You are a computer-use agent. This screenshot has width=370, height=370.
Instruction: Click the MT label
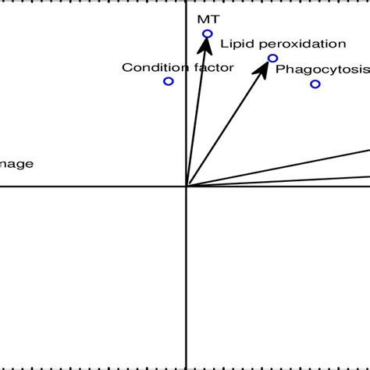click(x=203, y=17)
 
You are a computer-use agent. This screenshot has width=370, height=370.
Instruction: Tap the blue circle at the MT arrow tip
click(x=208, y=34)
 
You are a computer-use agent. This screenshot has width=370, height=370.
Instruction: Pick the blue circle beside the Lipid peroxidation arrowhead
click(x=272, y=58)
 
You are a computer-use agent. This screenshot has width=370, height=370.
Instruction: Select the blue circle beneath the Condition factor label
click(x=168, y=81)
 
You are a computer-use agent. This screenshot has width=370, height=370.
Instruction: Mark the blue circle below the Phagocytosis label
click(x=315, y=84)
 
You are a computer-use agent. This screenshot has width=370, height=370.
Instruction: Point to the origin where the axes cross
click(x=186, y=186)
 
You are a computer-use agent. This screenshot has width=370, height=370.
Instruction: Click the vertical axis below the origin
click(x=186, y=281)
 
